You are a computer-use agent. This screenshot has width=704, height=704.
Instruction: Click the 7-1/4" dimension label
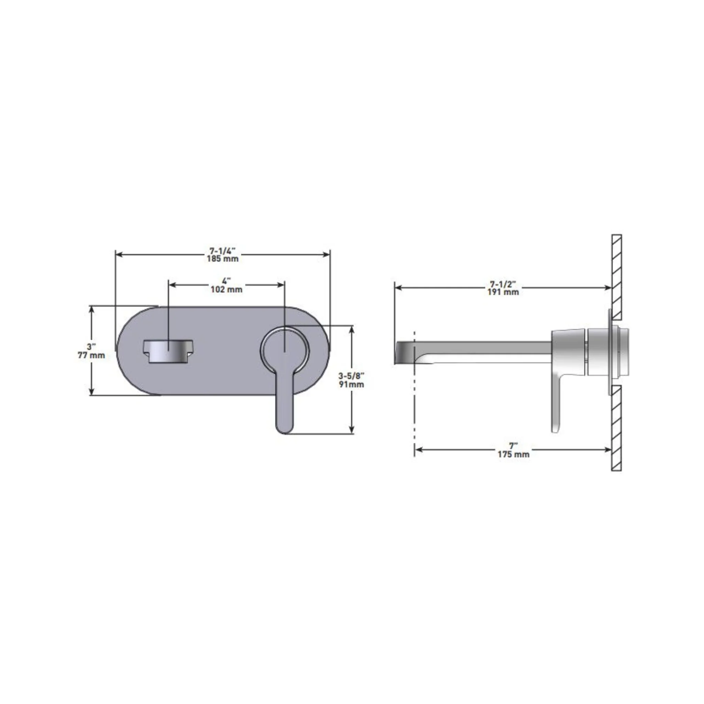[222, 251]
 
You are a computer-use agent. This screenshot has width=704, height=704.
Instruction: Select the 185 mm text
[223, 259]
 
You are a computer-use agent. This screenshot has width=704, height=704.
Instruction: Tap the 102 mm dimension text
[226, 289]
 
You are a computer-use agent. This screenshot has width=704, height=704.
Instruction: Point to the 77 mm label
[91, 355]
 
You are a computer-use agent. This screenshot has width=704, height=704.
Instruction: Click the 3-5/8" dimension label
[351, 376]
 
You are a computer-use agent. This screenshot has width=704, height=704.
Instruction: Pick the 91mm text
[351, 384]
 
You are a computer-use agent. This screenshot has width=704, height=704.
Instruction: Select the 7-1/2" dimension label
[503, 284]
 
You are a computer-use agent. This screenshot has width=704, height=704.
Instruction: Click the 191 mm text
[503, 292]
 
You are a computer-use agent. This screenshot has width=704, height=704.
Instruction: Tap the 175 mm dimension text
[514, 454]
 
